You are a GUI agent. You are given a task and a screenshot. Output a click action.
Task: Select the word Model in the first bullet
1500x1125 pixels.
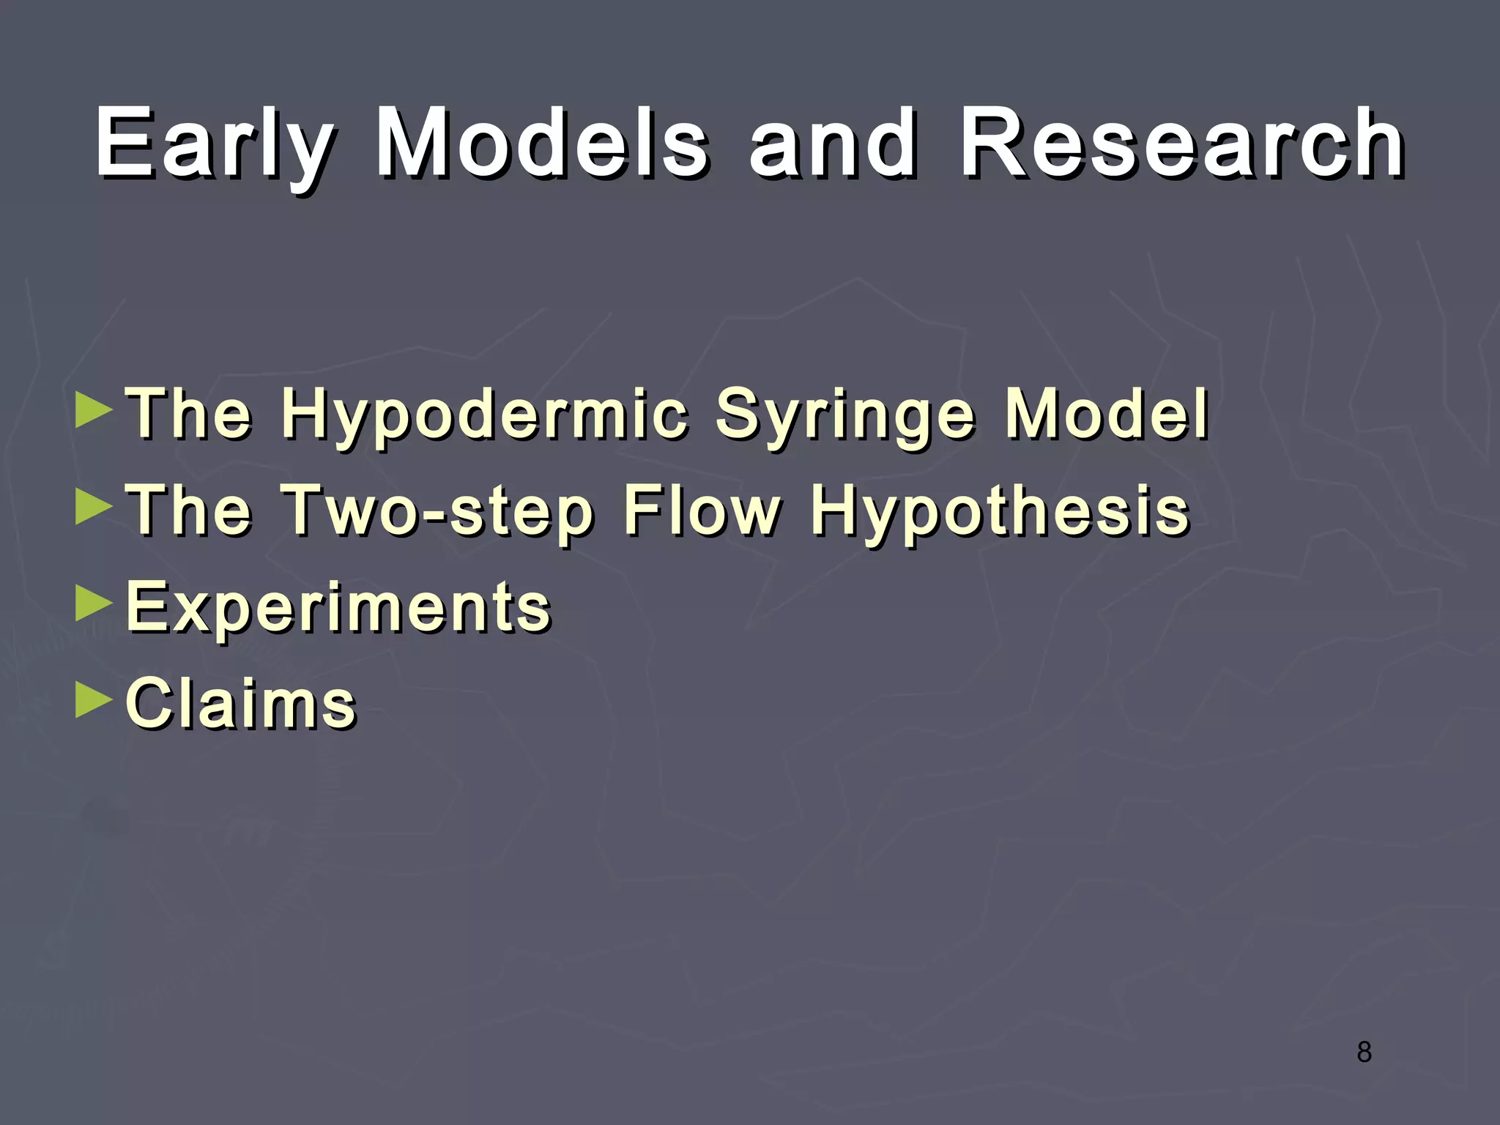pos(1106,414)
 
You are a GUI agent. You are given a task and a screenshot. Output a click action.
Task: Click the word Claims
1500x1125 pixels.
pos(241,703)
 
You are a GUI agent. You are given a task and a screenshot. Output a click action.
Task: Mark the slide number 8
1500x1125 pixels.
pos(1364,1052)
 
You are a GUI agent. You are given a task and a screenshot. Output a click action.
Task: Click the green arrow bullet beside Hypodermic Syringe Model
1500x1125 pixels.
pos(94,410)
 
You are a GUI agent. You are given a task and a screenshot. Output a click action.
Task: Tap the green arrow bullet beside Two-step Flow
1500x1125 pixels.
pos(94,507)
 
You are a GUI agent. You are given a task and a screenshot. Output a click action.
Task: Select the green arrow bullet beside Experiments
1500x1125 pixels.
pos(94,604)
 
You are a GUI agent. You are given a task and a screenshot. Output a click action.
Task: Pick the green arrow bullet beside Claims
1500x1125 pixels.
pos(94,700)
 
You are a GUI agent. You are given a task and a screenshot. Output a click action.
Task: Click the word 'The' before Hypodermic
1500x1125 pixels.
pos(190,414)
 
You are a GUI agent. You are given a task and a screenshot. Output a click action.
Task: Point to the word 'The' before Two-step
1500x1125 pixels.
pos(190,510)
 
